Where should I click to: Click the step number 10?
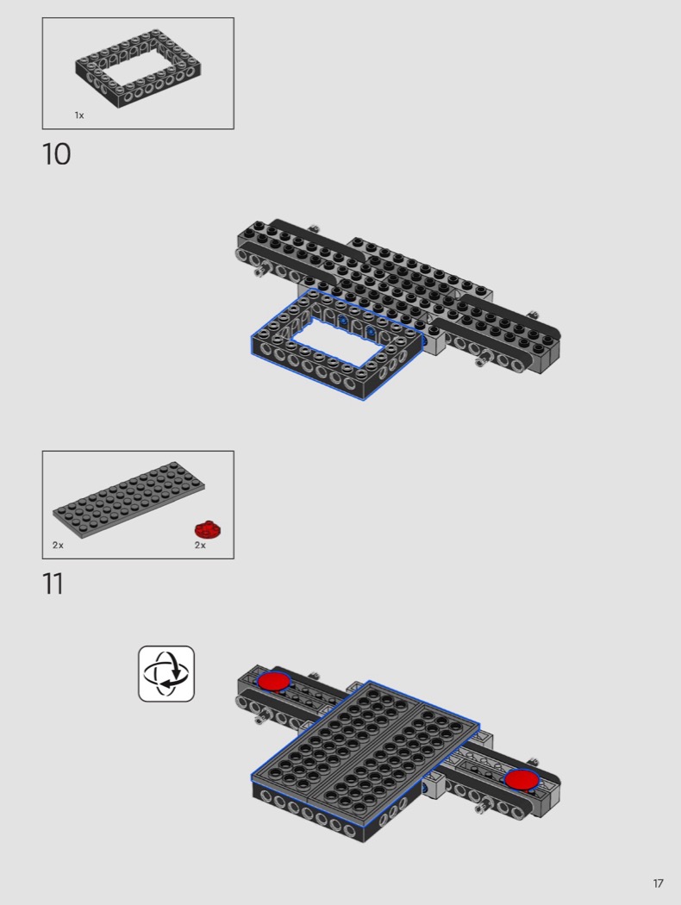coord(56,154)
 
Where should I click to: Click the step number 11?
coord(53,584)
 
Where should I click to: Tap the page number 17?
coord(658,883)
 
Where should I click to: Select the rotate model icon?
coord(166,673)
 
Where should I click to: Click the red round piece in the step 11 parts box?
coord(209,529)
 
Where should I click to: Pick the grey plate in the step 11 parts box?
coord(128,500)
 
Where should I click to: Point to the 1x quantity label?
coord(79,115)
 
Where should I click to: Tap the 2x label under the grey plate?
coord(58,545)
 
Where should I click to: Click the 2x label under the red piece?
coord(200,545)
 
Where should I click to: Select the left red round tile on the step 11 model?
coord(273,681)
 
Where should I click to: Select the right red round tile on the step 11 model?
coord(522,779)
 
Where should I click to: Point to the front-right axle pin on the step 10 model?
coord(484,359)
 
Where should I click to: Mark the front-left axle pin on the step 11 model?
coord(261,715)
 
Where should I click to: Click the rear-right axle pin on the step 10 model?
coord(533,315)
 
